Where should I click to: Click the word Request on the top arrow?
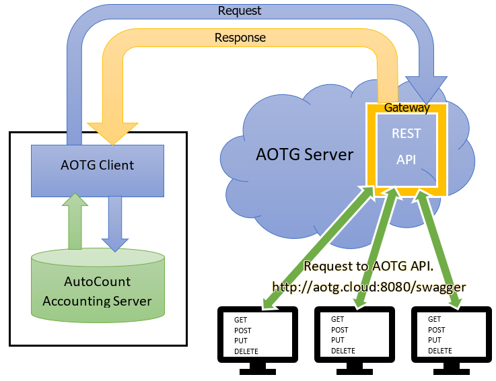point(240,11)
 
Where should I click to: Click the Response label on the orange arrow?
point(240,38)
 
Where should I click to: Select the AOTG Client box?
point(98,166)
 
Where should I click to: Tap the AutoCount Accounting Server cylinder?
point(98,290)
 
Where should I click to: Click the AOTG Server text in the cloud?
point(304,154)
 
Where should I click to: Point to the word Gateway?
point(406,107)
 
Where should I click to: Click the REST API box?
point(406,149)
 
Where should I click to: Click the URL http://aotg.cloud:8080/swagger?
point(369,286)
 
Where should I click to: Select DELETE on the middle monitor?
point(343,351)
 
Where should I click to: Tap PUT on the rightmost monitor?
point(435,340)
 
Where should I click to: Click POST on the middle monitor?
point(340,330)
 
